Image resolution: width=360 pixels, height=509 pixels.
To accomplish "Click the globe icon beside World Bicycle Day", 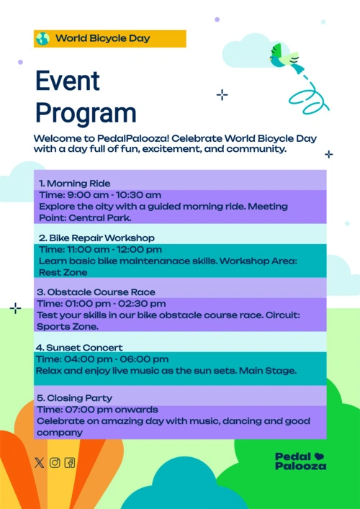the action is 42,39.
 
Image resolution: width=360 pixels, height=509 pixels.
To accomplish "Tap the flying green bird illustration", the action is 287,58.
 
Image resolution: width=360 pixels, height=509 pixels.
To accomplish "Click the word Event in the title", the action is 68,81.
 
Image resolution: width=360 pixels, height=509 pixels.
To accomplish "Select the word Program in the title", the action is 86,114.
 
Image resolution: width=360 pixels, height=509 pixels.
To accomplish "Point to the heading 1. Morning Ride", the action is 75,184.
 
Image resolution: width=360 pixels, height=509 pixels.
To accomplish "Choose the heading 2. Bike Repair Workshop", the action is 96,238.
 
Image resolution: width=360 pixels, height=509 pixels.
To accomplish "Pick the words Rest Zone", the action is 63,272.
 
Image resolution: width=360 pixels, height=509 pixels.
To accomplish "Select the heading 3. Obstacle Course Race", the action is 96,292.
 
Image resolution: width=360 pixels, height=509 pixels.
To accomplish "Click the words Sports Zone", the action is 68,327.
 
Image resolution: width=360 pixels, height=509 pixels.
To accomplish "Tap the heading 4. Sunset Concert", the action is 79,348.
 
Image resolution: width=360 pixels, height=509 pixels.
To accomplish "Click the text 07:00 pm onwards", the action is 112,410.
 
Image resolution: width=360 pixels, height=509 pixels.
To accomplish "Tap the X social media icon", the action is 40,463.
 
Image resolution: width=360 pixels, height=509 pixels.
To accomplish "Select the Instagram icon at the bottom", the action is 55,463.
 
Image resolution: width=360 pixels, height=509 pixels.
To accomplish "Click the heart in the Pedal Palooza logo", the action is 319,456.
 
